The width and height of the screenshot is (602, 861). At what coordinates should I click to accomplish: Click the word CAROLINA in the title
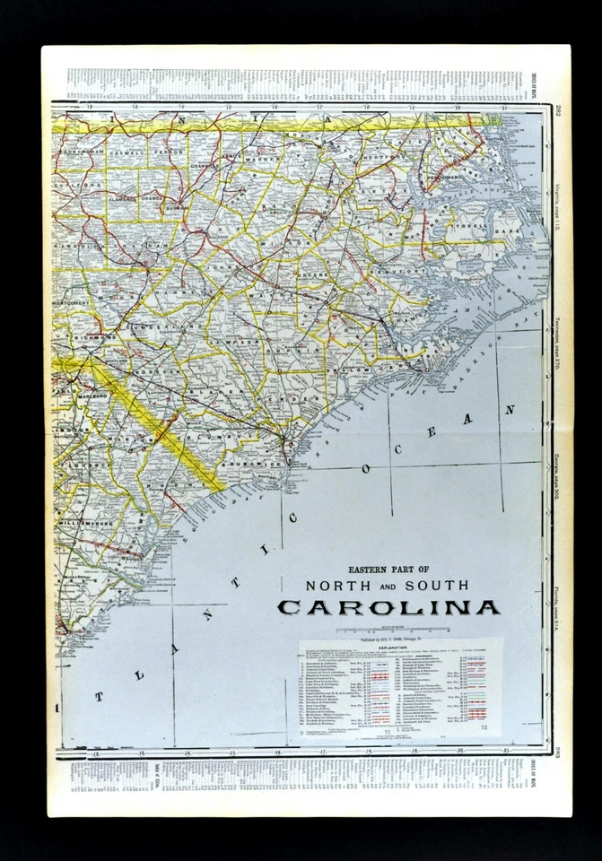(388, 607)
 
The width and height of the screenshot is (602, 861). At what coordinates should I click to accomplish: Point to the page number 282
(558, 110)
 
